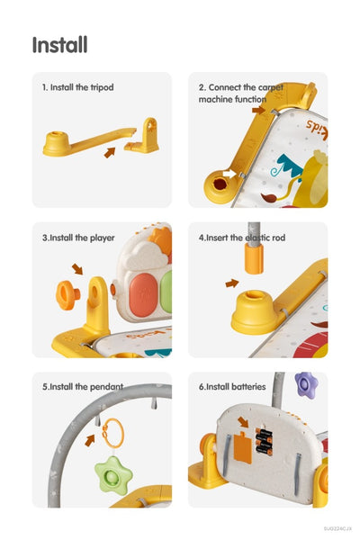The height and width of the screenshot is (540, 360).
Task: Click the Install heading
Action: [x=60, y=45]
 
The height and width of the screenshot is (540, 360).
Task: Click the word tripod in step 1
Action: [x=102, y=87]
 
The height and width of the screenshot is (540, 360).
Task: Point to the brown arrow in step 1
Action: [x=110, y=152]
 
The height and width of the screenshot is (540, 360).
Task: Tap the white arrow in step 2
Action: [x=229, y=173]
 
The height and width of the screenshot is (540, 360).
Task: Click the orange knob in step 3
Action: [x=67, y=295]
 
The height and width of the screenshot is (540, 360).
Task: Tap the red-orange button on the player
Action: [x=143, y=294]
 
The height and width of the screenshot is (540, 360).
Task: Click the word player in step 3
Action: [x=103, y=238]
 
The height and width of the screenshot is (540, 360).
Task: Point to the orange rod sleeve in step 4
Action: [x=254, y=258]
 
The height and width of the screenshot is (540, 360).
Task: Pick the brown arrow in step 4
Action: [x=232, y=283]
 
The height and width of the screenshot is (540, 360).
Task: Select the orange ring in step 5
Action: [x=113, y=433]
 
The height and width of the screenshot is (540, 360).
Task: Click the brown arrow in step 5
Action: [x=90, y=440]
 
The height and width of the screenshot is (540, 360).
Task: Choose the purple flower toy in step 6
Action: [x=306, y=385]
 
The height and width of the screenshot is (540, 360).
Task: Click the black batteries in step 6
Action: [x=264, y=442]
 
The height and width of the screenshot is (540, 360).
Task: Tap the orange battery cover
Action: [x=242, y=447]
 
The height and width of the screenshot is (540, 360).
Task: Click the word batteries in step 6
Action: [x=248, y=387]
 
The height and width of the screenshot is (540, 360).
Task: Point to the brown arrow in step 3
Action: [x=77, y=269]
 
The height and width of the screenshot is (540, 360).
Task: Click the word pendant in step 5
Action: [x=106, y=387]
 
